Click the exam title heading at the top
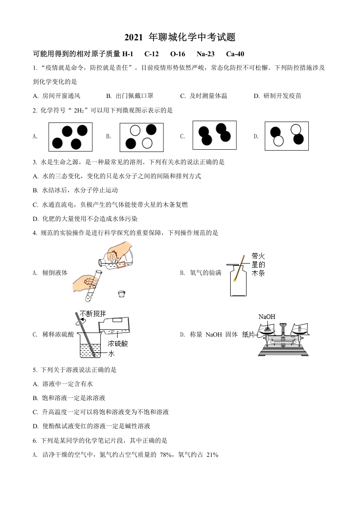click(x=180, y=37)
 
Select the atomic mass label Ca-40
click(x=235, y=54)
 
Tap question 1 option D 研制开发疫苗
click(x=277, y=96)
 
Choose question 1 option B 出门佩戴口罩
click(x=129, y=96)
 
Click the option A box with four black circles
click(x=70, y=137)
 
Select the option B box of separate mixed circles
click(x=141, y=137)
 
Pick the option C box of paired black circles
click(x=214, y=135)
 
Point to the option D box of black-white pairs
click(x=286, y=136)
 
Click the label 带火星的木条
click(x=258, y=264)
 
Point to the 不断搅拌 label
click(x=93, y=313)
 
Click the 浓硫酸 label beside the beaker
click(x=118, y=343)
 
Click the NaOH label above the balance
click(x=267, y=317)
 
